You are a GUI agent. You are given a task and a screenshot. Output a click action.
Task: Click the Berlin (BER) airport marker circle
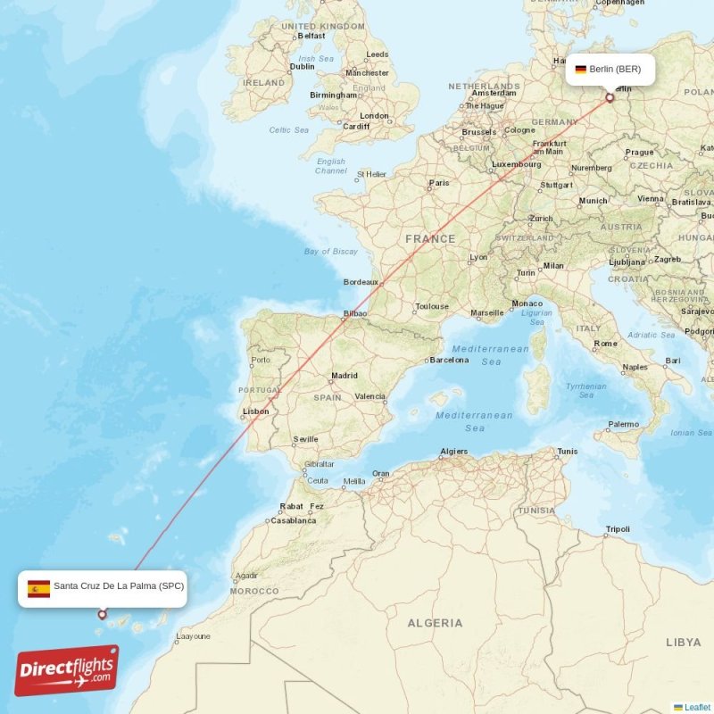coord(610,98)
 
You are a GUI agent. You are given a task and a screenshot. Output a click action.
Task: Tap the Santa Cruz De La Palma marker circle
coord(102,614)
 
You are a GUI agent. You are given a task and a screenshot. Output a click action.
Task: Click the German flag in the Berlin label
coord(580,69)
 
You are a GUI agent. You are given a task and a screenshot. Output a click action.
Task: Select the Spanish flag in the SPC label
coord(38,588)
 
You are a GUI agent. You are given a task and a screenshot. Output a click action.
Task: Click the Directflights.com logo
coord(66,670)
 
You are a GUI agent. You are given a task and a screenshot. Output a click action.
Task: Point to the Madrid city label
coord(344,376)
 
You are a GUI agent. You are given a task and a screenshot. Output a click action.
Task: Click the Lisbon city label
coord(255,411)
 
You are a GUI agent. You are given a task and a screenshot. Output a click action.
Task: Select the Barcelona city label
coord(449,361)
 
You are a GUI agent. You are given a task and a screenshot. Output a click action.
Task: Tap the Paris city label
coord(438,183)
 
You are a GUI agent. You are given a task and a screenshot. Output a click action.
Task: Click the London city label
coord(374,116)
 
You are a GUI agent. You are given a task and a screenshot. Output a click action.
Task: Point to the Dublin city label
coord(302,66)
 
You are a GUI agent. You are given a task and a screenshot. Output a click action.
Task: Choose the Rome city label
coord(605,344)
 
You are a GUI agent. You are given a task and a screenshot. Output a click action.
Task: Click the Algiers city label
coord(453,452)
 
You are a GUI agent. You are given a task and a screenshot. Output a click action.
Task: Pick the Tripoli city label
coord(617,529)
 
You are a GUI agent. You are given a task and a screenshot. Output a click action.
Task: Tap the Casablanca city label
coord(294,520)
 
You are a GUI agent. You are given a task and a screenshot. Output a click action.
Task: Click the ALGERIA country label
coord(435,622)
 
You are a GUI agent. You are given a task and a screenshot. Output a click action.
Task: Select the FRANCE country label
coord(430,239)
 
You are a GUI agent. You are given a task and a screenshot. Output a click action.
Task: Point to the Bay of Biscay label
coord(330,252)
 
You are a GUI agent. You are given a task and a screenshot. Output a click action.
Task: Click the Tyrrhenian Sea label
coord(585,390)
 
